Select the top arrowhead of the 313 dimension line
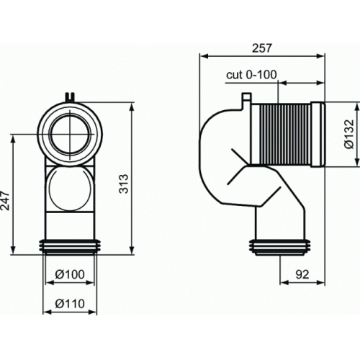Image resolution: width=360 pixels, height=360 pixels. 132,105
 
